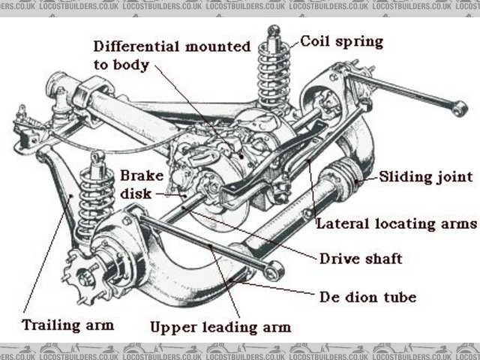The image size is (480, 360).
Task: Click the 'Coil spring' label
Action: (341, 40)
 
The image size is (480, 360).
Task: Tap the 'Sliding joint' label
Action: (425, 178)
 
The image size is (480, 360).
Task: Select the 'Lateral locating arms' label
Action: (396, 223)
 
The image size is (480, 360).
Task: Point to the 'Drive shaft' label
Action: (361, 259)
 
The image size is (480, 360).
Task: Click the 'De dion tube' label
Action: (367, 298)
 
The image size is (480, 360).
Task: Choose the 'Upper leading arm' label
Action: (220, 327)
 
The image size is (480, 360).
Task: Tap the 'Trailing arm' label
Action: (67, 325)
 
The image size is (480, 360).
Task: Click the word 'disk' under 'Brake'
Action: (135, 193)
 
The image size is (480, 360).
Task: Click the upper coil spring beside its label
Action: (274, 75)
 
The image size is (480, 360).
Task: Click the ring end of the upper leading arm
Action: (274, 270)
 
